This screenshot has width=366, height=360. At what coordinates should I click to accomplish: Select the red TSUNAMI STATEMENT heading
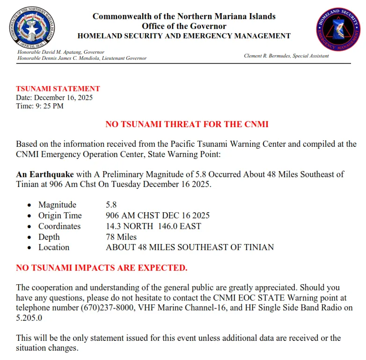tap(58, 89)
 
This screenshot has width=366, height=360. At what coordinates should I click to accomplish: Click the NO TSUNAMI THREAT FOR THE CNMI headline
tap(187, 124)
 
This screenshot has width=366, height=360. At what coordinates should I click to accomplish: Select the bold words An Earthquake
tap(45, 174)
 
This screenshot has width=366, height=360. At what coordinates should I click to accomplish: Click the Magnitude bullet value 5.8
tap(111, 205)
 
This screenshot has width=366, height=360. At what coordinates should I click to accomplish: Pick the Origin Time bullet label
tap(60, 216)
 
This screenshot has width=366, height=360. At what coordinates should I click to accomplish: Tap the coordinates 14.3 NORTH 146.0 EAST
tap(154, 226)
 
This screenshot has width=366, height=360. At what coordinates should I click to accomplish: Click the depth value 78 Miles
tap(121, 237)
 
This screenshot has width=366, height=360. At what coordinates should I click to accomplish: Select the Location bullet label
tap(54, 247)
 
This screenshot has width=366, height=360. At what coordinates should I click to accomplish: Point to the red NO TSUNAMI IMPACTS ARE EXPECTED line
tap(102, 268)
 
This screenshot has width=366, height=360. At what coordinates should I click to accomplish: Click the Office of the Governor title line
tap(184, 26)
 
